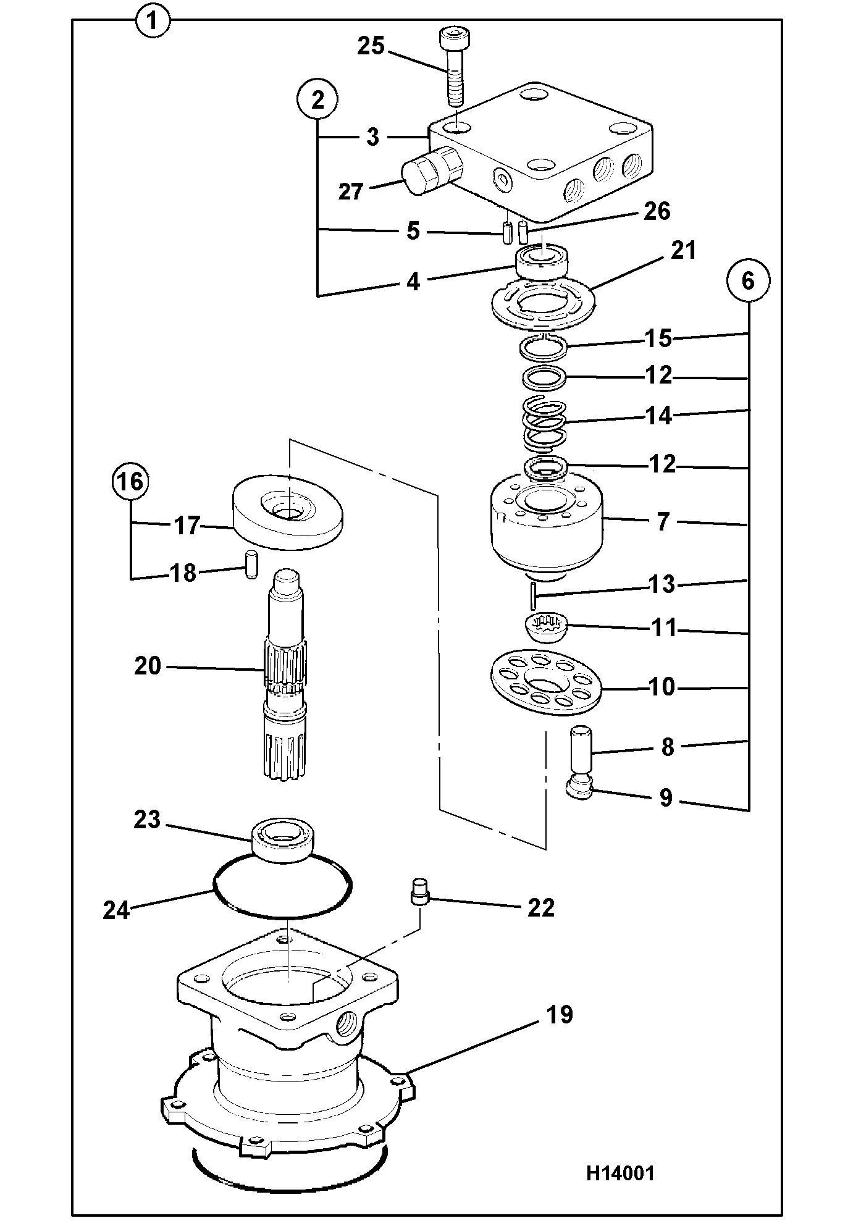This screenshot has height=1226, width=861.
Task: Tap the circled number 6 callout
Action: (748, 281)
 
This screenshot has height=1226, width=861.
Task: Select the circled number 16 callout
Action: (131, 481)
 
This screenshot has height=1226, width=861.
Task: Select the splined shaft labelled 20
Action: (285, 673)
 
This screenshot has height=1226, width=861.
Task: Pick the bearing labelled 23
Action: (283, 839)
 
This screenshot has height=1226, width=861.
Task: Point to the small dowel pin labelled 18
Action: (251, 565)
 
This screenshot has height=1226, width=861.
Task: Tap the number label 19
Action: (560, 1014)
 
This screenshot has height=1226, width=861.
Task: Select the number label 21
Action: (683, 251)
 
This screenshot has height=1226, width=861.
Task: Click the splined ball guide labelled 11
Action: (546, 628)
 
